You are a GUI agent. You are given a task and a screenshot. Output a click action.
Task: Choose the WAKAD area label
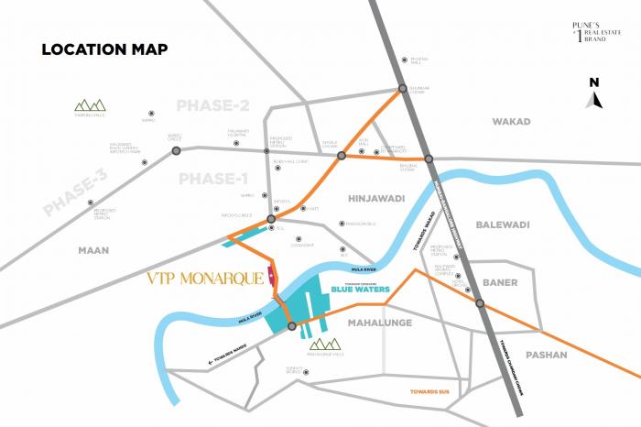(x=511, y=121)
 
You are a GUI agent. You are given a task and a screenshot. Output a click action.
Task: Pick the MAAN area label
(x=92, y=249)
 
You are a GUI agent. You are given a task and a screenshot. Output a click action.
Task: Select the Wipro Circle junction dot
(x=176, y=150)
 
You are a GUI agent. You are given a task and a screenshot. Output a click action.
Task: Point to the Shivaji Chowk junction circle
(x=341, y=156)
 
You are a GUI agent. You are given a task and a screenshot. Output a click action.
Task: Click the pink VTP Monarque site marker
(x=271, y=274)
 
